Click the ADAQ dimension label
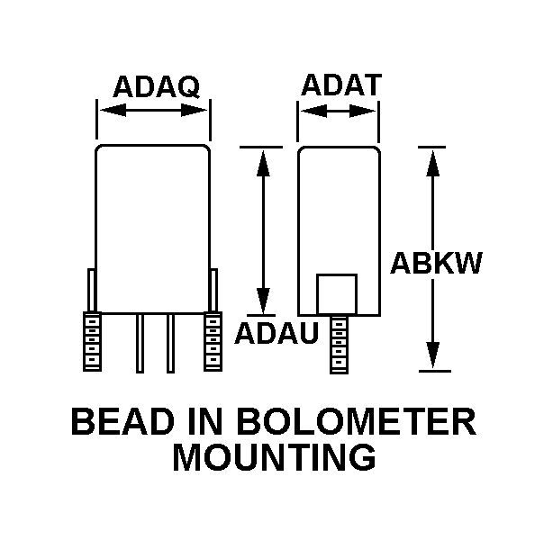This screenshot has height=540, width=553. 156,87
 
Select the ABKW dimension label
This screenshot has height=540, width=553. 436,264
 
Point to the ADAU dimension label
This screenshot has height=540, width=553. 276,334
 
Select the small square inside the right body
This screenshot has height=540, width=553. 338,294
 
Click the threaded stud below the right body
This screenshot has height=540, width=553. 339,344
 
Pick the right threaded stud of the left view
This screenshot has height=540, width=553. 213,341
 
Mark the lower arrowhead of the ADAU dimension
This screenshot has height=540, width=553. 263,300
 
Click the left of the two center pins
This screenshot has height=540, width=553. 140,343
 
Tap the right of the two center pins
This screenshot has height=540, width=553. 170,343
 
